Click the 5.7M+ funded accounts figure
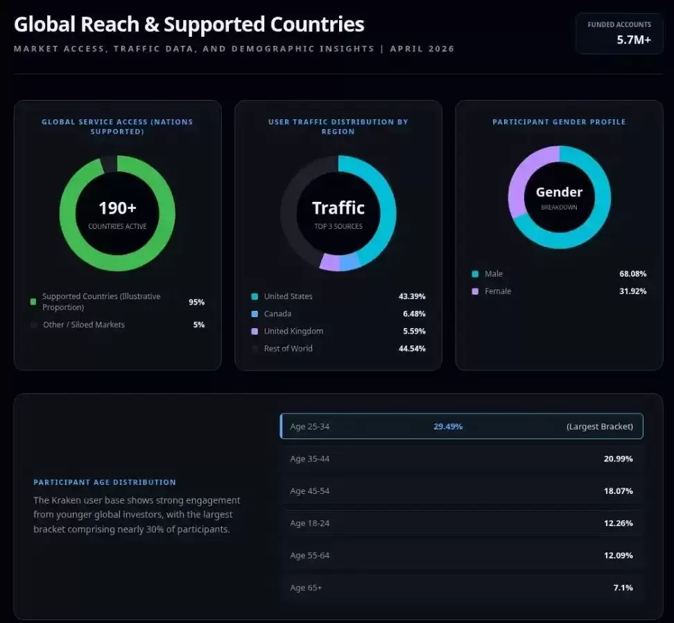coord(634,40)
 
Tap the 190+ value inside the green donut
coord(117,208)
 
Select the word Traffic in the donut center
coord(338,208)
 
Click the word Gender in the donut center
coord(559,191)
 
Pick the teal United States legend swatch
coord(254,296)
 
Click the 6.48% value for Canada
coord(414,314)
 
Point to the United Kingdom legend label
coord(293,331)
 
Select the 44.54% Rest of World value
coord(412,348)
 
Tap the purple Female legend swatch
coord(475,291)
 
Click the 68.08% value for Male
coord(632,274)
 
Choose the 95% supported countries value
coord(196,302)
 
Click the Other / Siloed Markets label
coord(84,325)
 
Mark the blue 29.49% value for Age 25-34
coord(448,427)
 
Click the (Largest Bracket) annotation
coord(600,427)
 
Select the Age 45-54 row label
coord(309,491)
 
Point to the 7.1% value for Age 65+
coord(623,588)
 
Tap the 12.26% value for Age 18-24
coord(618,523)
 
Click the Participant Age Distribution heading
coord(105,482)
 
